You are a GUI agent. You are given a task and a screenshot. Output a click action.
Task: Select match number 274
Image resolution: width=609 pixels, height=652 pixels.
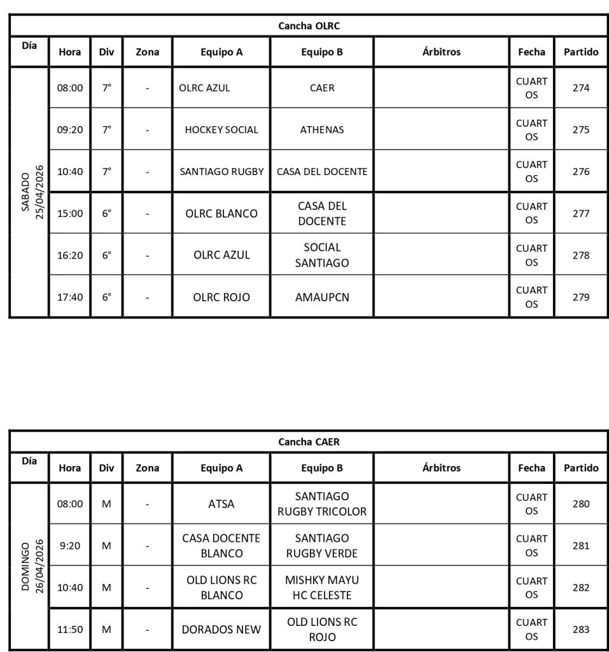pyautogui.click(x=580, y=88)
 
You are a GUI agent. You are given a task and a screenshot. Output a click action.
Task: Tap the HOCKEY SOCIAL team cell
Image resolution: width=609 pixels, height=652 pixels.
pyautogui.click(x=221, y=130)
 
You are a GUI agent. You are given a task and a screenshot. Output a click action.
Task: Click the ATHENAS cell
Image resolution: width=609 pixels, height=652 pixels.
pyautogui.click(x=321, y=130)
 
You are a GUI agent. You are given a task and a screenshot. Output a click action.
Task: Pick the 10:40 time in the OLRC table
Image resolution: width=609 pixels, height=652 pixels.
pyautogui.click(x=70, y=171)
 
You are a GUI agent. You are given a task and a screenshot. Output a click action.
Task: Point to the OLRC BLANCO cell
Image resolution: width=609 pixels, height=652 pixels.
pyautogui.click(x=221, y=213)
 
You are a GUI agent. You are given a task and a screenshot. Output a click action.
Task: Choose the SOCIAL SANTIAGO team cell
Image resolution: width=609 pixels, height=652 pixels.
pyautogui.click(x=321, y=255)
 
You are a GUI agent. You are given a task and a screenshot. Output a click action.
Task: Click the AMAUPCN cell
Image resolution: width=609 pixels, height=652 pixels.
pyautogui.click(x=321, y=297)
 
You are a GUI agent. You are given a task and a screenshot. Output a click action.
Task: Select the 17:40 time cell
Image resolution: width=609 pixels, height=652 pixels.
pyautogui.click(x=70, y=297)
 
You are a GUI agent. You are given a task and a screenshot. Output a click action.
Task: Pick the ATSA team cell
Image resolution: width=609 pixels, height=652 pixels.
pyautogui.click(x=221, y=504)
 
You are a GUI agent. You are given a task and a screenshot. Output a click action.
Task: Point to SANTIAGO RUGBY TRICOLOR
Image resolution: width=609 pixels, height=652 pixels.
pyautogui.click(x=321, y=504)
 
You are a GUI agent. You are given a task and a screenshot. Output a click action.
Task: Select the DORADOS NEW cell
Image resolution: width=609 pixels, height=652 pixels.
pyautogui.click(x=221, y=629)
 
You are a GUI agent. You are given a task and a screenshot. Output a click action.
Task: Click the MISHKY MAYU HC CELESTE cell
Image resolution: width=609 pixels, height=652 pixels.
pyautogui.click(x=321, y=588)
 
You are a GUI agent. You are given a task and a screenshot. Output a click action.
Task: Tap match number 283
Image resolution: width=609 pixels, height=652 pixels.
pyautogui.click(x=580, y=629)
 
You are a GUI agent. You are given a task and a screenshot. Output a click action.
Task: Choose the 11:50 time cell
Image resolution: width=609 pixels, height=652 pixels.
pyautogui.click(x=70, y=629)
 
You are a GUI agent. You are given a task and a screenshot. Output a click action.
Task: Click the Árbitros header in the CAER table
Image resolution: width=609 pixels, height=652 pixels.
pyautogui.click(x=441, y=468)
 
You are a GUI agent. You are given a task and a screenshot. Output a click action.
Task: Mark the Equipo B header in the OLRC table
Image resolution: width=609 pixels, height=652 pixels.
pyautogui.click(x=321, y=52)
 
